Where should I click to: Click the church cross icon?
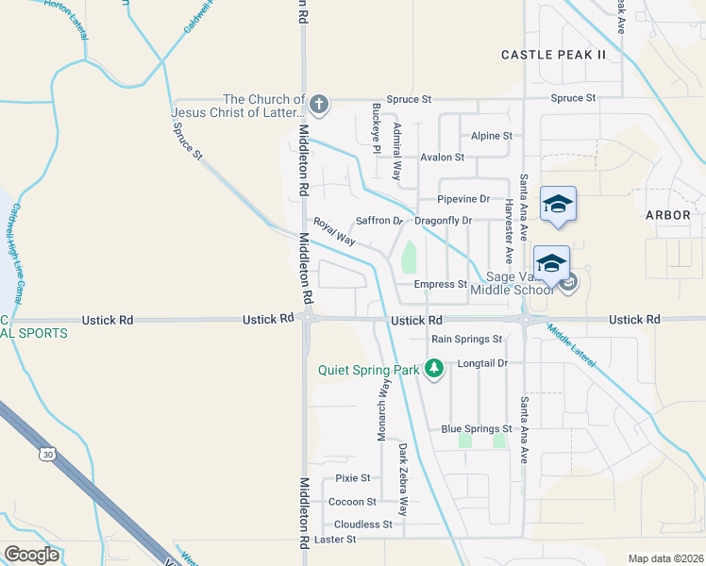[x=319, y=104]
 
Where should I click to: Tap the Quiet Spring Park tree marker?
[x=434, y=369]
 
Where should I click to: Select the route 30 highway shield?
[x=47, y=455]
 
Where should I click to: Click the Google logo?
[x=31, y=555]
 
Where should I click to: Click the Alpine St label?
[x=492, y=136]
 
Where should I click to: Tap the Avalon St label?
[x=443, y=158]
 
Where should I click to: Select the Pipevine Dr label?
[x=463, y=199]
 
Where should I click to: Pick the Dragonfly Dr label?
[x=443, y=221]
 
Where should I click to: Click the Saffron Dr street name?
[x=379, y=221]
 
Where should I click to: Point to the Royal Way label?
[x=334, y=233]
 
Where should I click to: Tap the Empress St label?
[x=441, y=284]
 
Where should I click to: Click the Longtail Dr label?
[x=482, y=362]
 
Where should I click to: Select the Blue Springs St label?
[x=477, y=429]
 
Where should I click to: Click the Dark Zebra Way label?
[x=402, y=478]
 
